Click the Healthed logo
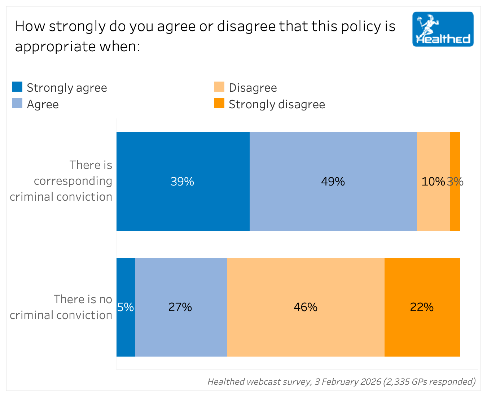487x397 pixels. (x=443, y=29)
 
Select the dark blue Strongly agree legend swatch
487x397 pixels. (x=17, y=87)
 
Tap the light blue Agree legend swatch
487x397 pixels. (x=17, y=104)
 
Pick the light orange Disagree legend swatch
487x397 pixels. (x=219, y=87)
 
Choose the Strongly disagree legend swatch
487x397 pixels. (x=219, y=104)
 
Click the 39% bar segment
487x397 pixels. (x=183, y=182)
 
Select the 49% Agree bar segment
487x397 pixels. (x=333, y=182)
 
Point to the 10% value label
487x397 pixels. (x=433, y=182)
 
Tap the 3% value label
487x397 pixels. (x=455, y=182)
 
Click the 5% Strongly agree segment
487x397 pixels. (x=126, y=307)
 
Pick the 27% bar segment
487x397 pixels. (x=180, y=307)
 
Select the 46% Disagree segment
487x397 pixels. (x=306, y=307)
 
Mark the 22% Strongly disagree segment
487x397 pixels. (x=422, y=307)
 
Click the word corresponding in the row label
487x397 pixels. (x=73, y=181)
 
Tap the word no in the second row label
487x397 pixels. (x=105, y=299)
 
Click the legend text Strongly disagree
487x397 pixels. (x=277, y=104)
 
